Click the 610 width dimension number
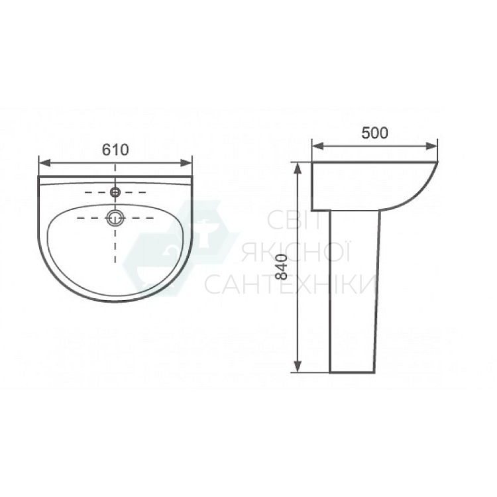pos(115,150)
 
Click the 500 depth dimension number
pos(374,132)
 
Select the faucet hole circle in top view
pos(115,192)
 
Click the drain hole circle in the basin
pos(115,217)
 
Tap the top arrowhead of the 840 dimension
pos(298,165)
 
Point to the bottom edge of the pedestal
pos(355,372)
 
